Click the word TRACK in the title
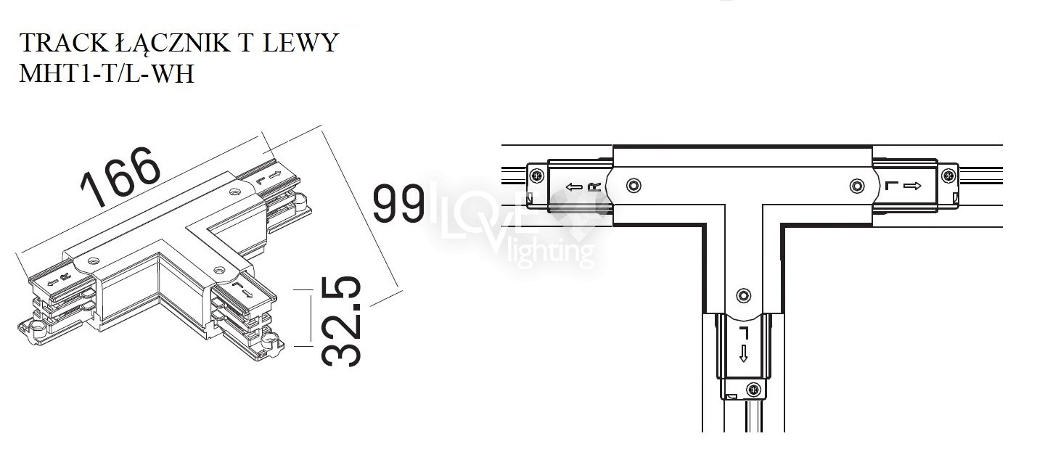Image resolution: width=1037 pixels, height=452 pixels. (63, 43)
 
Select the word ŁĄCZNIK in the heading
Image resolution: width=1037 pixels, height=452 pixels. (172, 44)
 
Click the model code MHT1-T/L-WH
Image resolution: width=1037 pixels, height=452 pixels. (107, 73)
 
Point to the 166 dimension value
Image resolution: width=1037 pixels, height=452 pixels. (121, 176)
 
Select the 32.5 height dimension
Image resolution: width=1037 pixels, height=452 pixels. (341, 321)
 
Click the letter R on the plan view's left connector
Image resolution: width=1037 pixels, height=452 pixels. (594, 187)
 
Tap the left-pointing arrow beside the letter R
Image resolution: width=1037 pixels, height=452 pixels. (574, 187)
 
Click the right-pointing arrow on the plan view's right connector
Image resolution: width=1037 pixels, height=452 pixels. (912, 186)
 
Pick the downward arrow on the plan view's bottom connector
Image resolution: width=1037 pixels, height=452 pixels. (744, 353)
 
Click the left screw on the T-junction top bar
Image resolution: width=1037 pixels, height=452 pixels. (634, 186)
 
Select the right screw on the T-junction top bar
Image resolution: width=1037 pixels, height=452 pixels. (857, 186)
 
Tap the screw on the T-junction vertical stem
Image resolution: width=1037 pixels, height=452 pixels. (744, 295)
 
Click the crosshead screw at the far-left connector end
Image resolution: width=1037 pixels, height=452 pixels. (537, 176)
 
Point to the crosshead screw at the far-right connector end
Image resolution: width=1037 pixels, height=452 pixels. (949, 176)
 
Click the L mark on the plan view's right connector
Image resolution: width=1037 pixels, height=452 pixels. (891, 186)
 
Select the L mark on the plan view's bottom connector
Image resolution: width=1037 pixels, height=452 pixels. (744, 332)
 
